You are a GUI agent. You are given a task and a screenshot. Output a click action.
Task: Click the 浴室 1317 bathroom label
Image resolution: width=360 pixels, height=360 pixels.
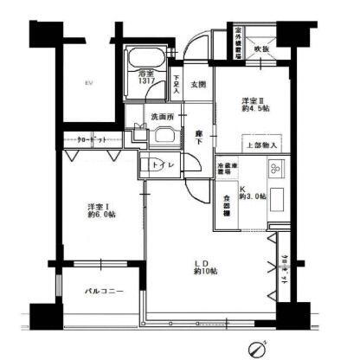(x=146, y=77)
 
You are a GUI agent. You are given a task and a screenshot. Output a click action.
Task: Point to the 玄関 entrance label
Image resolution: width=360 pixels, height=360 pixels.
(x=196, y=84)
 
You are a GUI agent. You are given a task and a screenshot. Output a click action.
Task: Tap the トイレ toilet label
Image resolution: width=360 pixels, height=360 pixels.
(x=157, y=164)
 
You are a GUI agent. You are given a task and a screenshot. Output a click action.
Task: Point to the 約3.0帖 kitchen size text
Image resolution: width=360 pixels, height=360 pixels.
(x=253, y=196)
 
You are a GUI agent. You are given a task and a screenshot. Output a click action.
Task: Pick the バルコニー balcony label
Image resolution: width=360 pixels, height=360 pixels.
(x=103, y=291)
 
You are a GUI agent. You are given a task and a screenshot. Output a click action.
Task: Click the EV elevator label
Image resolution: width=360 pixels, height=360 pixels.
(x=87, y=83)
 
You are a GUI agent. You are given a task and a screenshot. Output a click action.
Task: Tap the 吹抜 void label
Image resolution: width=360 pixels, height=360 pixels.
(x=260, y=49)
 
